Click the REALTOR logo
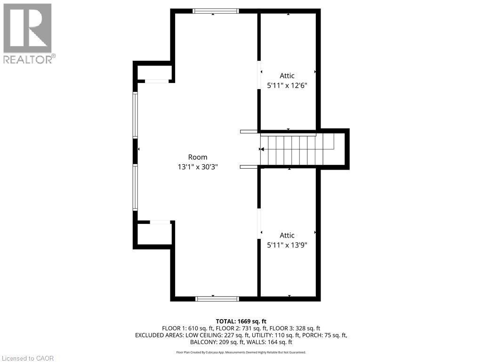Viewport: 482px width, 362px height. click(x=28, y=33)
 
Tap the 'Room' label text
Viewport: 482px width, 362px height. click(x=197, y=157)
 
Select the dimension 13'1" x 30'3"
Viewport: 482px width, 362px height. click(x=197, y=166)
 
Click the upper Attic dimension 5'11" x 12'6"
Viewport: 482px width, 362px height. click(x=287, y=85)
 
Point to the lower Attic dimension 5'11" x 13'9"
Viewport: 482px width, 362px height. click(x=287, y=245)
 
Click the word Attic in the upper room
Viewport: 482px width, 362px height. click(x=287, y=75)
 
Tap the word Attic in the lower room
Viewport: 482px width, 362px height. click(x=287, y=235)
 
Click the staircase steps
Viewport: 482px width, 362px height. click(x=297, y=149)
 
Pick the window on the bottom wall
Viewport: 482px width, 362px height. click(x=217, y=298)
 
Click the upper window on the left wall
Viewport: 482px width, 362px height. click(x=135, y=115)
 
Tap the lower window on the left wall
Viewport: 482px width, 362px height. click(x=135, y=187)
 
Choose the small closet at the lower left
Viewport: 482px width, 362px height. click(x=154, y=233)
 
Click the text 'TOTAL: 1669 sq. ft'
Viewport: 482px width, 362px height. click(x=241, y=321)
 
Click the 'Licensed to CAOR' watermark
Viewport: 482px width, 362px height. click(x=28, y=358)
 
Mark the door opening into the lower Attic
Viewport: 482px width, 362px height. click(x=258, y=224)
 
